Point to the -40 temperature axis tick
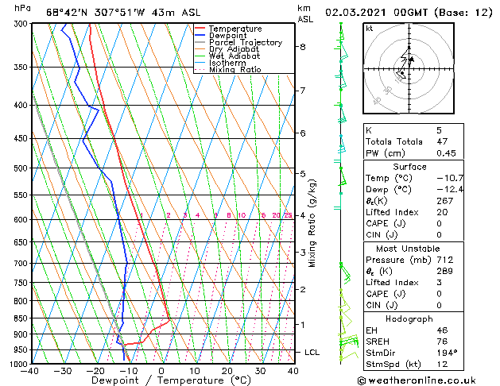(x=30, y=370)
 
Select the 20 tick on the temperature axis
(x=227, y=370)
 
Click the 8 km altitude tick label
(x=302, y=47)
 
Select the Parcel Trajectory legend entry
(x=245, y=43)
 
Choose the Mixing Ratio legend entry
(x=235, y=70)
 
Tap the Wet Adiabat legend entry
(x=235, y=56)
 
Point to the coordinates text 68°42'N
(x=67, y=12)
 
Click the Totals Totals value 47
(x=441, y=141)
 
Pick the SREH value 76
(x=441, y=341)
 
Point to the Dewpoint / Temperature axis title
(x=161, y=381)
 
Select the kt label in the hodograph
(x=370, y=29)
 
